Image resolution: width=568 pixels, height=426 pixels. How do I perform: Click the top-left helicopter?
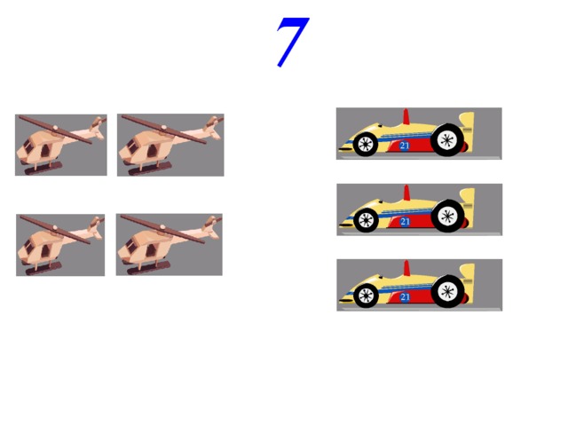61,145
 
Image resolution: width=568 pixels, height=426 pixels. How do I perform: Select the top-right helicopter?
170,145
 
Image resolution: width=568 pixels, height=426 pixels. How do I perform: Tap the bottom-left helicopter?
60,245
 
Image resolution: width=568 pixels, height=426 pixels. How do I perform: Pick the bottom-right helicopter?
170,245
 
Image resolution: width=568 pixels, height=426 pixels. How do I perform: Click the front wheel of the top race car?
365,144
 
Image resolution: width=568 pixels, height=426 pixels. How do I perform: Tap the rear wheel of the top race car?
447,140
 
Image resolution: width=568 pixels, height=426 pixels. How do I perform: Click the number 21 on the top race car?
405,146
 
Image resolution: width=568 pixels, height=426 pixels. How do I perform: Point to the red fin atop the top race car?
406,116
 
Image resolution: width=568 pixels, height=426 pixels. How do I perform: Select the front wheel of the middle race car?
366,220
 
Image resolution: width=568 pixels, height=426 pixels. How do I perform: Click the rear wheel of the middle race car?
448,216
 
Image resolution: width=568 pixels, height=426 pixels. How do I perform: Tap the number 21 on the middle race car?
405,222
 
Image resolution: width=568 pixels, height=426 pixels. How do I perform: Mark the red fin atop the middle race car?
406,193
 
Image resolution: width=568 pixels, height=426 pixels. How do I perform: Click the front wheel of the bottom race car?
366,296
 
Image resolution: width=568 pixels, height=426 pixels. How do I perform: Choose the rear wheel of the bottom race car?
448,292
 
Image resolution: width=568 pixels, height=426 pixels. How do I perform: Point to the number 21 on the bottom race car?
405,297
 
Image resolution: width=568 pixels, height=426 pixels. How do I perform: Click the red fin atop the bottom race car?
406,268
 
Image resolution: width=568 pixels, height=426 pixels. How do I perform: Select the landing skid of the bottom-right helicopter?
148,267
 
